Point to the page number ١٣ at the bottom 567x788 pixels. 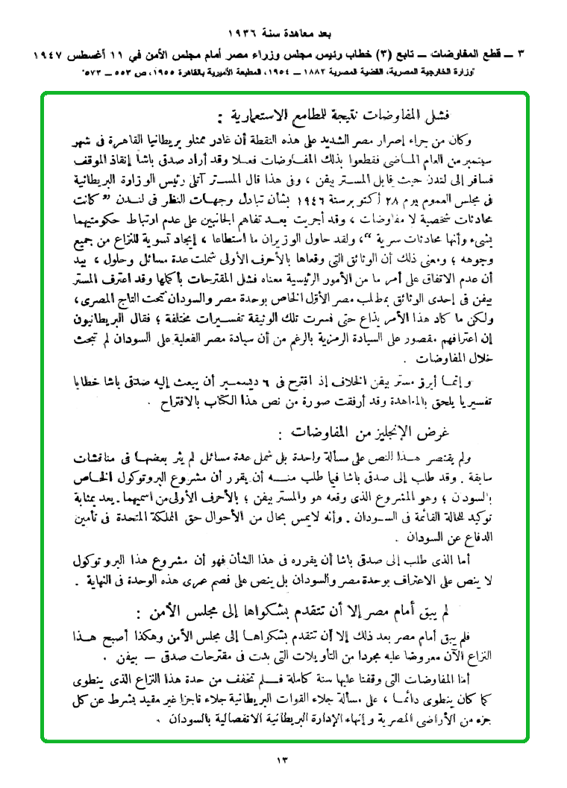(283, 760)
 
